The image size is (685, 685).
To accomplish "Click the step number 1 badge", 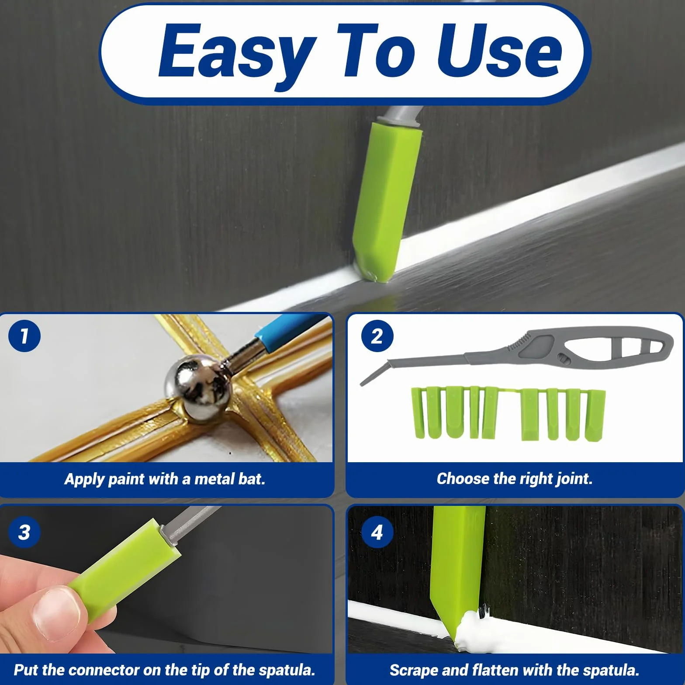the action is pyautogui.click(x=24, y=336).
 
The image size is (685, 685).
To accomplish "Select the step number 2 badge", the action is pyautogui.click(x=377, y=336).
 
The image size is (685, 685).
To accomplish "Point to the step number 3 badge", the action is pyautogui.click(x=24, y=532).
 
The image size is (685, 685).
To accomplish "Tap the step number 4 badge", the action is pyautogui.click(x=377, y=532).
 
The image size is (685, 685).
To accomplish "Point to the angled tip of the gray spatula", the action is pyautogui.click(x=374, y=374).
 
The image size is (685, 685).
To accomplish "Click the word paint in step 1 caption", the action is pyautogui.click(x=127, y=480).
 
